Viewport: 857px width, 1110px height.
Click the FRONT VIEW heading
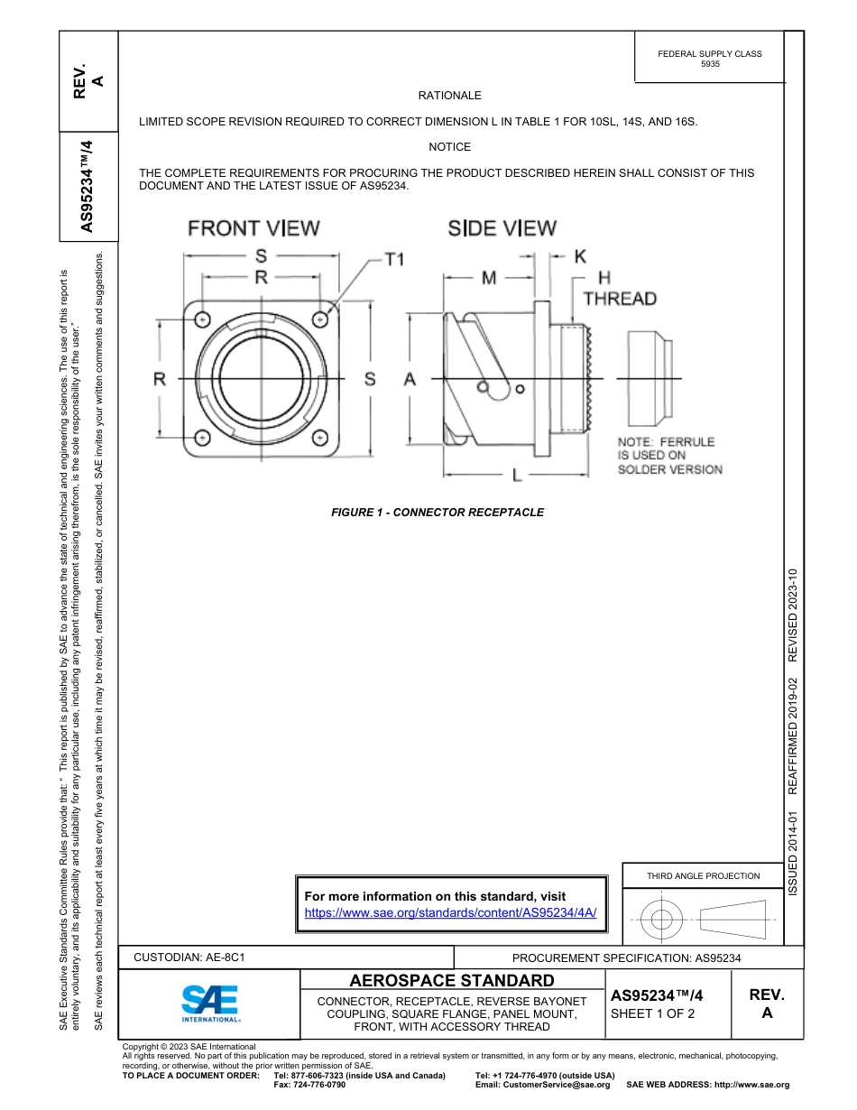(x=253, y=228)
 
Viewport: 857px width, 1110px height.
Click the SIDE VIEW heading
(x=502, y=228)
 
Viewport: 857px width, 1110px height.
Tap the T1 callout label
(x=394, y=259)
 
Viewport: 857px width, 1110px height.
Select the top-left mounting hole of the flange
(x=202, y=320)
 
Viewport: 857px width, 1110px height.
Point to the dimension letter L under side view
(x=516, y=475)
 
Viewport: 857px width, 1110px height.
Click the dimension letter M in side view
(x=488, y=278)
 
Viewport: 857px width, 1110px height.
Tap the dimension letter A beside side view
(x=410, y=380)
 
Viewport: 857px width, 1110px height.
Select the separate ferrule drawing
(x=647, y=378)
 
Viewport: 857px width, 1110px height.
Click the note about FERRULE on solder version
(x=669, y=456)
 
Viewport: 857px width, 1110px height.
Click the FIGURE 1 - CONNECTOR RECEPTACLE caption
(x=438, y=513)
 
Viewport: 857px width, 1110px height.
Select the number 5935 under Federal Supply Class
(x=710, y=65)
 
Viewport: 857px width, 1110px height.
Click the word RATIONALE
(x=449, y=96)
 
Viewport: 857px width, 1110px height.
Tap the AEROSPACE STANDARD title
(x=452, y=981)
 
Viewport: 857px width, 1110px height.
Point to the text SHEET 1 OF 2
(x=653, y=1013)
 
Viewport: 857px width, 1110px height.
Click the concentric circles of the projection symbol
(x=662, y=920)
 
